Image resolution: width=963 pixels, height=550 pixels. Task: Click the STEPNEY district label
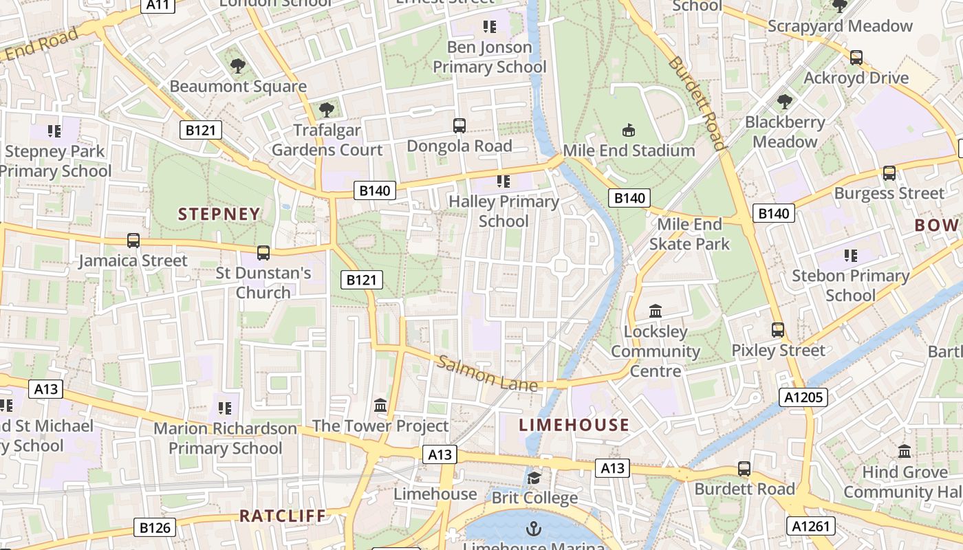(219, 214)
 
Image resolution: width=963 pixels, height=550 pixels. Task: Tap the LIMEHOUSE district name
(574, 425)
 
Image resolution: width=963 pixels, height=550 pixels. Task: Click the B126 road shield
(155, 528)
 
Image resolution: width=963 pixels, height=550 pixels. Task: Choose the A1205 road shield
(803, 397)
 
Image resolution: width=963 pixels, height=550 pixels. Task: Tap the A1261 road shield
(811, 527)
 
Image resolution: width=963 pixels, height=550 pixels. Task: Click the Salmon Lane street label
(487, 374)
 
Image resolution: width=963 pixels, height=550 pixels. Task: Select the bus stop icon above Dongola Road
(459, 126)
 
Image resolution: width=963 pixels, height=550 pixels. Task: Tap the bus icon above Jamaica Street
(133, 241)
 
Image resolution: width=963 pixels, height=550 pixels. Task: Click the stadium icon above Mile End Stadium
(629, 130)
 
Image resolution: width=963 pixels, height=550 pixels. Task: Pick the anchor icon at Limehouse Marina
(533, 529)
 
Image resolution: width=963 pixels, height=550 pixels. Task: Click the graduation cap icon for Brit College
(534, 478)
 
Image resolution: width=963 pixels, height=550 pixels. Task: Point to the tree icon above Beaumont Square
(238, 66)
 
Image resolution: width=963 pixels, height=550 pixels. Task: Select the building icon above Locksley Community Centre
(656, 311)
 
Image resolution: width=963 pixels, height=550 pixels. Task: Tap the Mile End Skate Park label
(689, 234)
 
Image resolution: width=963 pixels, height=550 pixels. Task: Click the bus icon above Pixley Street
(778, 330)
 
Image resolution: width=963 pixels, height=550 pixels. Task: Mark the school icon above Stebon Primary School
(851, 256)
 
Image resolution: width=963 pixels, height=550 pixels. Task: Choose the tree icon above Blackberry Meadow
(784, 102)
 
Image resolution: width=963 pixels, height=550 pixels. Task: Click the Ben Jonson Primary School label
(490, 57)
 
